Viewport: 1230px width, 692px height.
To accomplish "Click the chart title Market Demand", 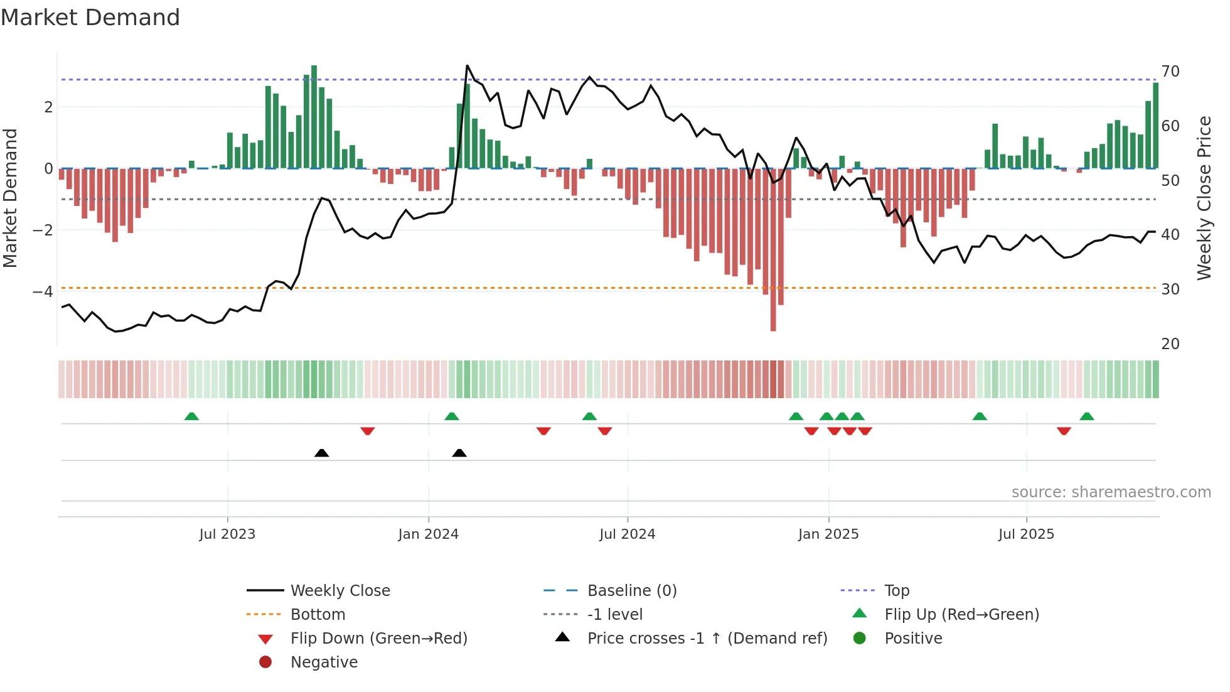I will click(x=90, y=18).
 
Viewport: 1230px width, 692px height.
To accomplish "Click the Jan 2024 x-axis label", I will click(x=428, y=534).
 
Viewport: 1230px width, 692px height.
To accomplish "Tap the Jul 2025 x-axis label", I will click(x=1026, y=534).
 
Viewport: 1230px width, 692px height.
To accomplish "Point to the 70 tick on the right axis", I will click(x=1170, y=72).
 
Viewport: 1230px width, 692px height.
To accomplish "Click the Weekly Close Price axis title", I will click(x=1204, y=198).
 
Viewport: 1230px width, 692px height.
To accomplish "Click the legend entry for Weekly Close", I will click(x=340, y=591).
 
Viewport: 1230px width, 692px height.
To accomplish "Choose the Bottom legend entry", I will click(x=318, y=615).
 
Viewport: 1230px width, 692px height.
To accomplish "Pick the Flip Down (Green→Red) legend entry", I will click(x=378, y=639).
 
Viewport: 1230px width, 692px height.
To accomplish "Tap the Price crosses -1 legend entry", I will click(x=707, y=639).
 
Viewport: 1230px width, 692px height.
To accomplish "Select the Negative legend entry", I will click(x=324, y=662).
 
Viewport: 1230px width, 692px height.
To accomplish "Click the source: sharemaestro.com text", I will click(x=1111, y=492).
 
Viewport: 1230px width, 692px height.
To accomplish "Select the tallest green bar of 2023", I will click(x=314, y=116).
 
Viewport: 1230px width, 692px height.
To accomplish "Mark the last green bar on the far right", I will click(x=1155, y=126).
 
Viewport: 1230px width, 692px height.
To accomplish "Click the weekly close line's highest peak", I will click(x=467, y=66).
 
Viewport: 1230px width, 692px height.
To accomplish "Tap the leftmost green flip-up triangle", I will click(x=191, y=416).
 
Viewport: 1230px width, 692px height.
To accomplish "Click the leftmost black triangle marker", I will click(x=321, y=453).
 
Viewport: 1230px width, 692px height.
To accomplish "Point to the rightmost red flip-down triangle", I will click(x=1064, y=431).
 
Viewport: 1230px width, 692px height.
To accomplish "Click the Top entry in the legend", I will click(x=896, y=591).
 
